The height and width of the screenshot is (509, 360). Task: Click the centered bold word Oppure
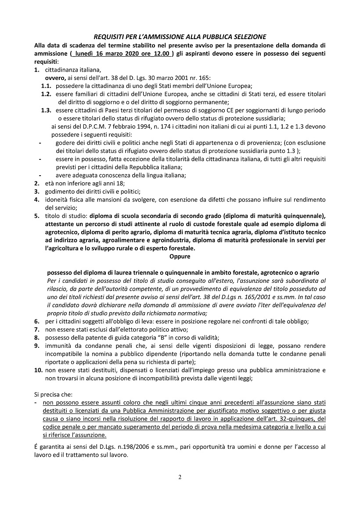coord(180,256)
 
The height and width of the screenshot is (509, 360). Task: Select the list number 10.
coord(38,370)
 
